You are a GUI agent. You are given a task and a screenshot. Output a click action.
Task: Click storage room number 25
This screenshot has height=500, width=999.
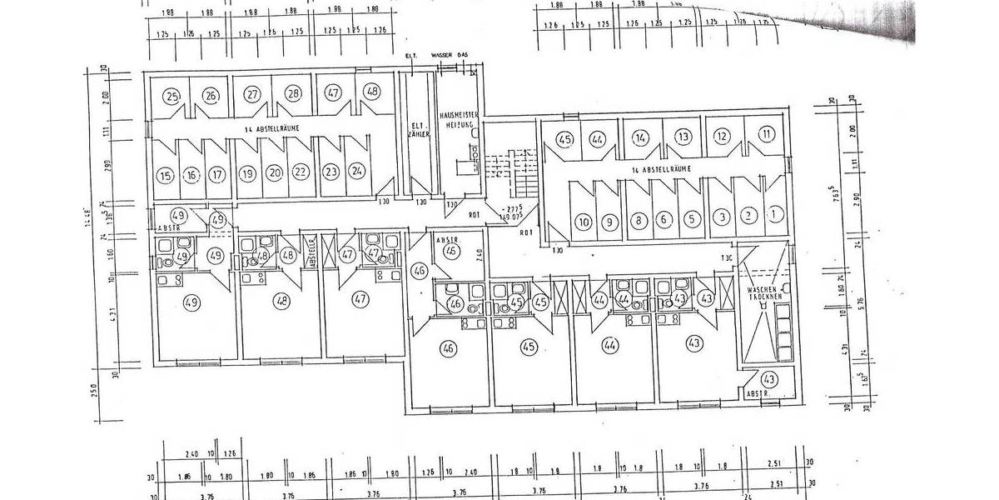(172, 95)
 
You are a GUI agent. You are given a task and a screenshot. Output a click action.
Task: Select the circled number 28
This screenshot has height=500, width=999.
(293, 94)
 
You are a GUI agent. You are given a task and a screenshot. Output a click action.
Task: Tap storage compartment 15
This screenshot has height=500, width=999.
(164, 176)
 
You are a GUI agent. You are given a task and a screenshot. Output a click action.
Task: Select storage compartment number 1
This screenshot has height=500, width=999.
(775, 215)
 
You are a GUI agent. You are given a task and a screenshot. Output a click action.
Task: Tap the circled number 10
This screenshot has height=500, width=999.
(584, 222)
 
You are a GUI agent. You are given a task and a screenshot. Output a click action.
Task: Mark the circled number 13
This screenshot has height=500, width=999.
(683, 136)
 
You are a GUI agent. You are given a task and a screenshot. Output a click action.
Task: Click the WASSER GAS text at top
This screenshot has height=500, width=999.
(450, 56)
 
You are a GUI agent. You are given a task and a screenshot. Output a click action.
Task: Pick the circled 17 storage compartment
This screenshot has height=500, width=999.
(216, 176)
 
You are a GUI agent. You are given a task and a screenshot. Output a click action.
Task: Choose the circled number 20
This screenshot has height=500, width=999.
(274, 174)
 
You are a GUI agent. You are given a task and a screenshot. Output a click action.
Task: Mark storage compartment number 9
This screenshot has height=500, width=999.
(610, 222)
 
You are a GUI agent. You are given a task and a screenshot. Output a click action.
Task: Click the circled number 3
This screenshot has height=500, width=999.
(723, 217)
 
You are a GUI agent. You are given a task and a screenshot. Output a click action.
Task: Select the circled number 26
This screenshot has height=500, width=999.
(211, 95)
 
